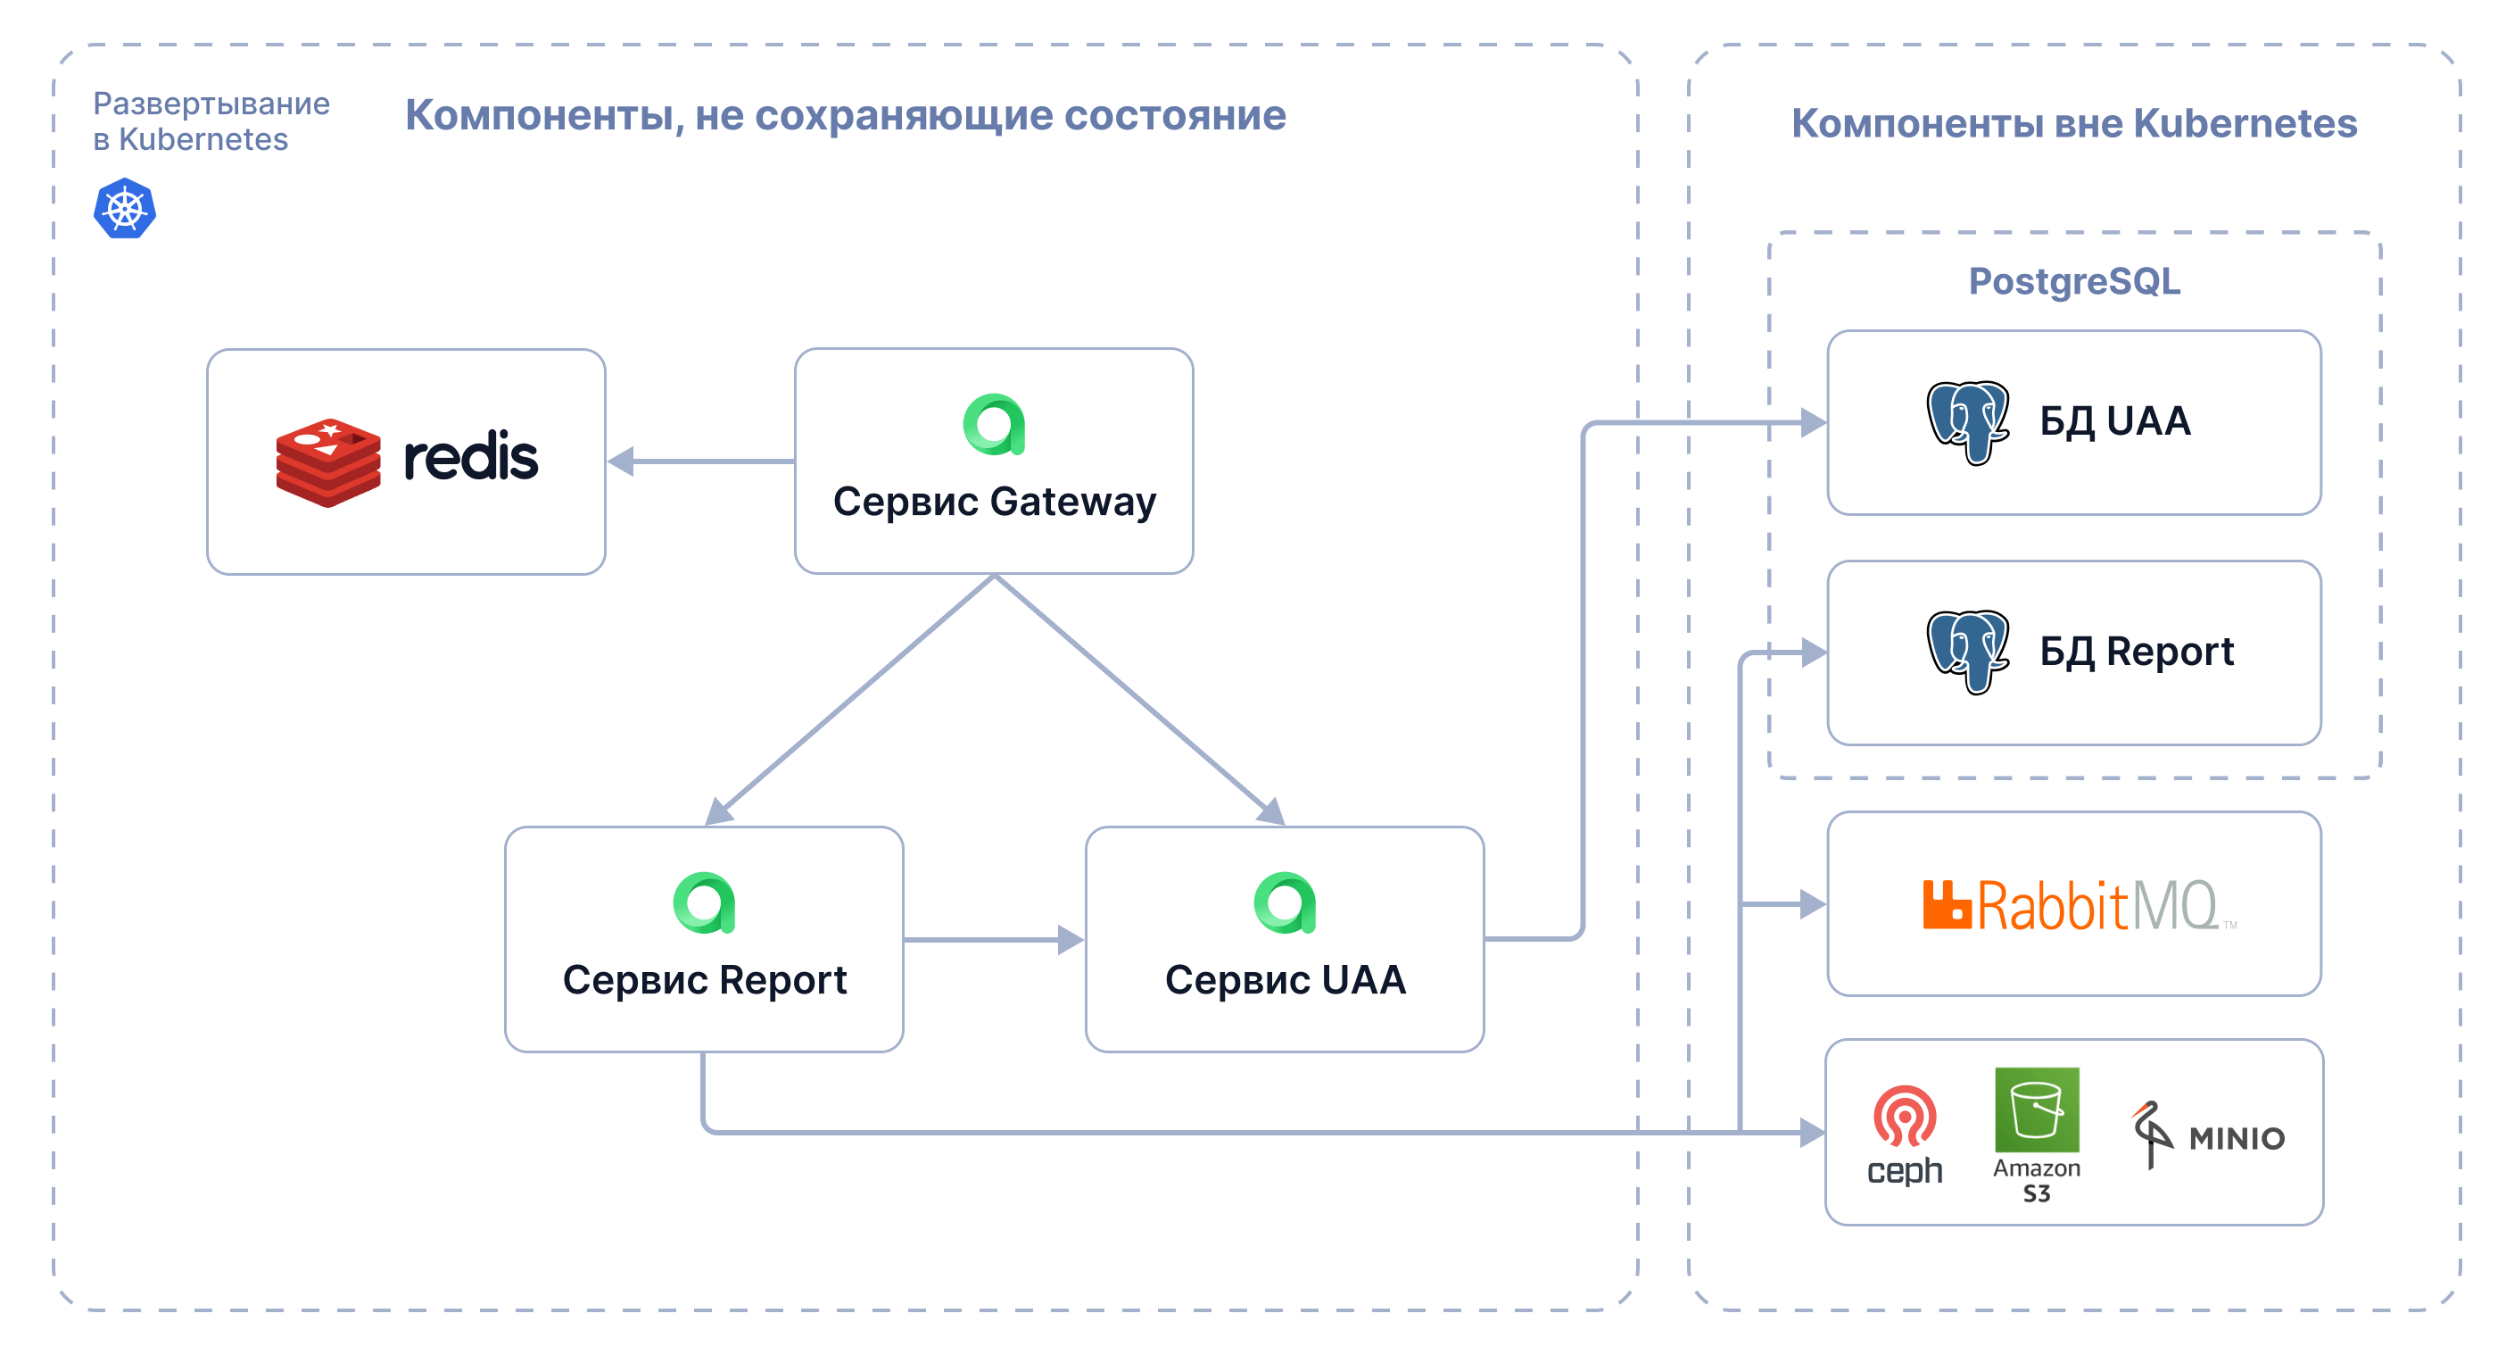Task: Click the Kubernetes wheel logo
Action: click(x=124, y=208)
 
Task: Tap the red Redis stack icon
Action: click(x=328, y=461)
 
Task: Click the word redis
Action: click(x=470, y=457)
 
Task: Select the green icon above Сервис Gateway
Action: click(x=994, y=425)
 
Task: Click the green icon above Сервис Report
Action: click(x=704, y=903)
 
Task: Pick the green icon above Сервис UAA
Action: click(x=1285, y=903)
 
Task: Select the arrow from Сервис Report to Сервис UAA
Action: click(x=994, y=940)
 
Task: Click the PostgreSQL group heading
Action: click(x=2074, y=281)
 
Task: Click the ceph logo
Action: click(x=1904, y=1135)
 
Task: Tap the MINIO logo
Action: click(x=2208, y=1135)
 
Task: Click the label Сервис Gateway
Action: click(x=995, y=502)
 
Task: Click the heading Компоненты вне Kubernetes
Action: click(x=2074, y=124)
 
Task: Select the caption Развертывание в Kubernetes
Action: click(x=211, y=121)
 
